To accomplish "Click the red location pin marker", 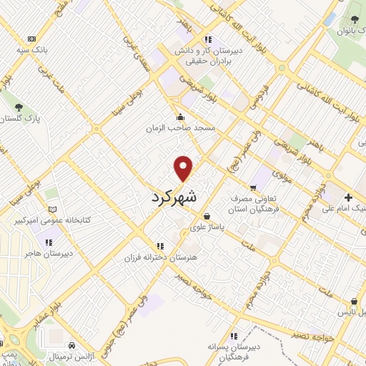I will pos(184,168).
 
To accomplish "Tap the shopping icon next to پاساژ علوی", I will pos(207,216).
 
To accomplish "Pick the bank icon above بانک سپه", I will pos(31,39).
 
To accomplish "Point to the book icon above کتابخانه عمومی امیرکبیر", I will pos(51,209).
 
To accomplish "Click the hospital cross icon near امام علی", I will pos(348,197).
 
